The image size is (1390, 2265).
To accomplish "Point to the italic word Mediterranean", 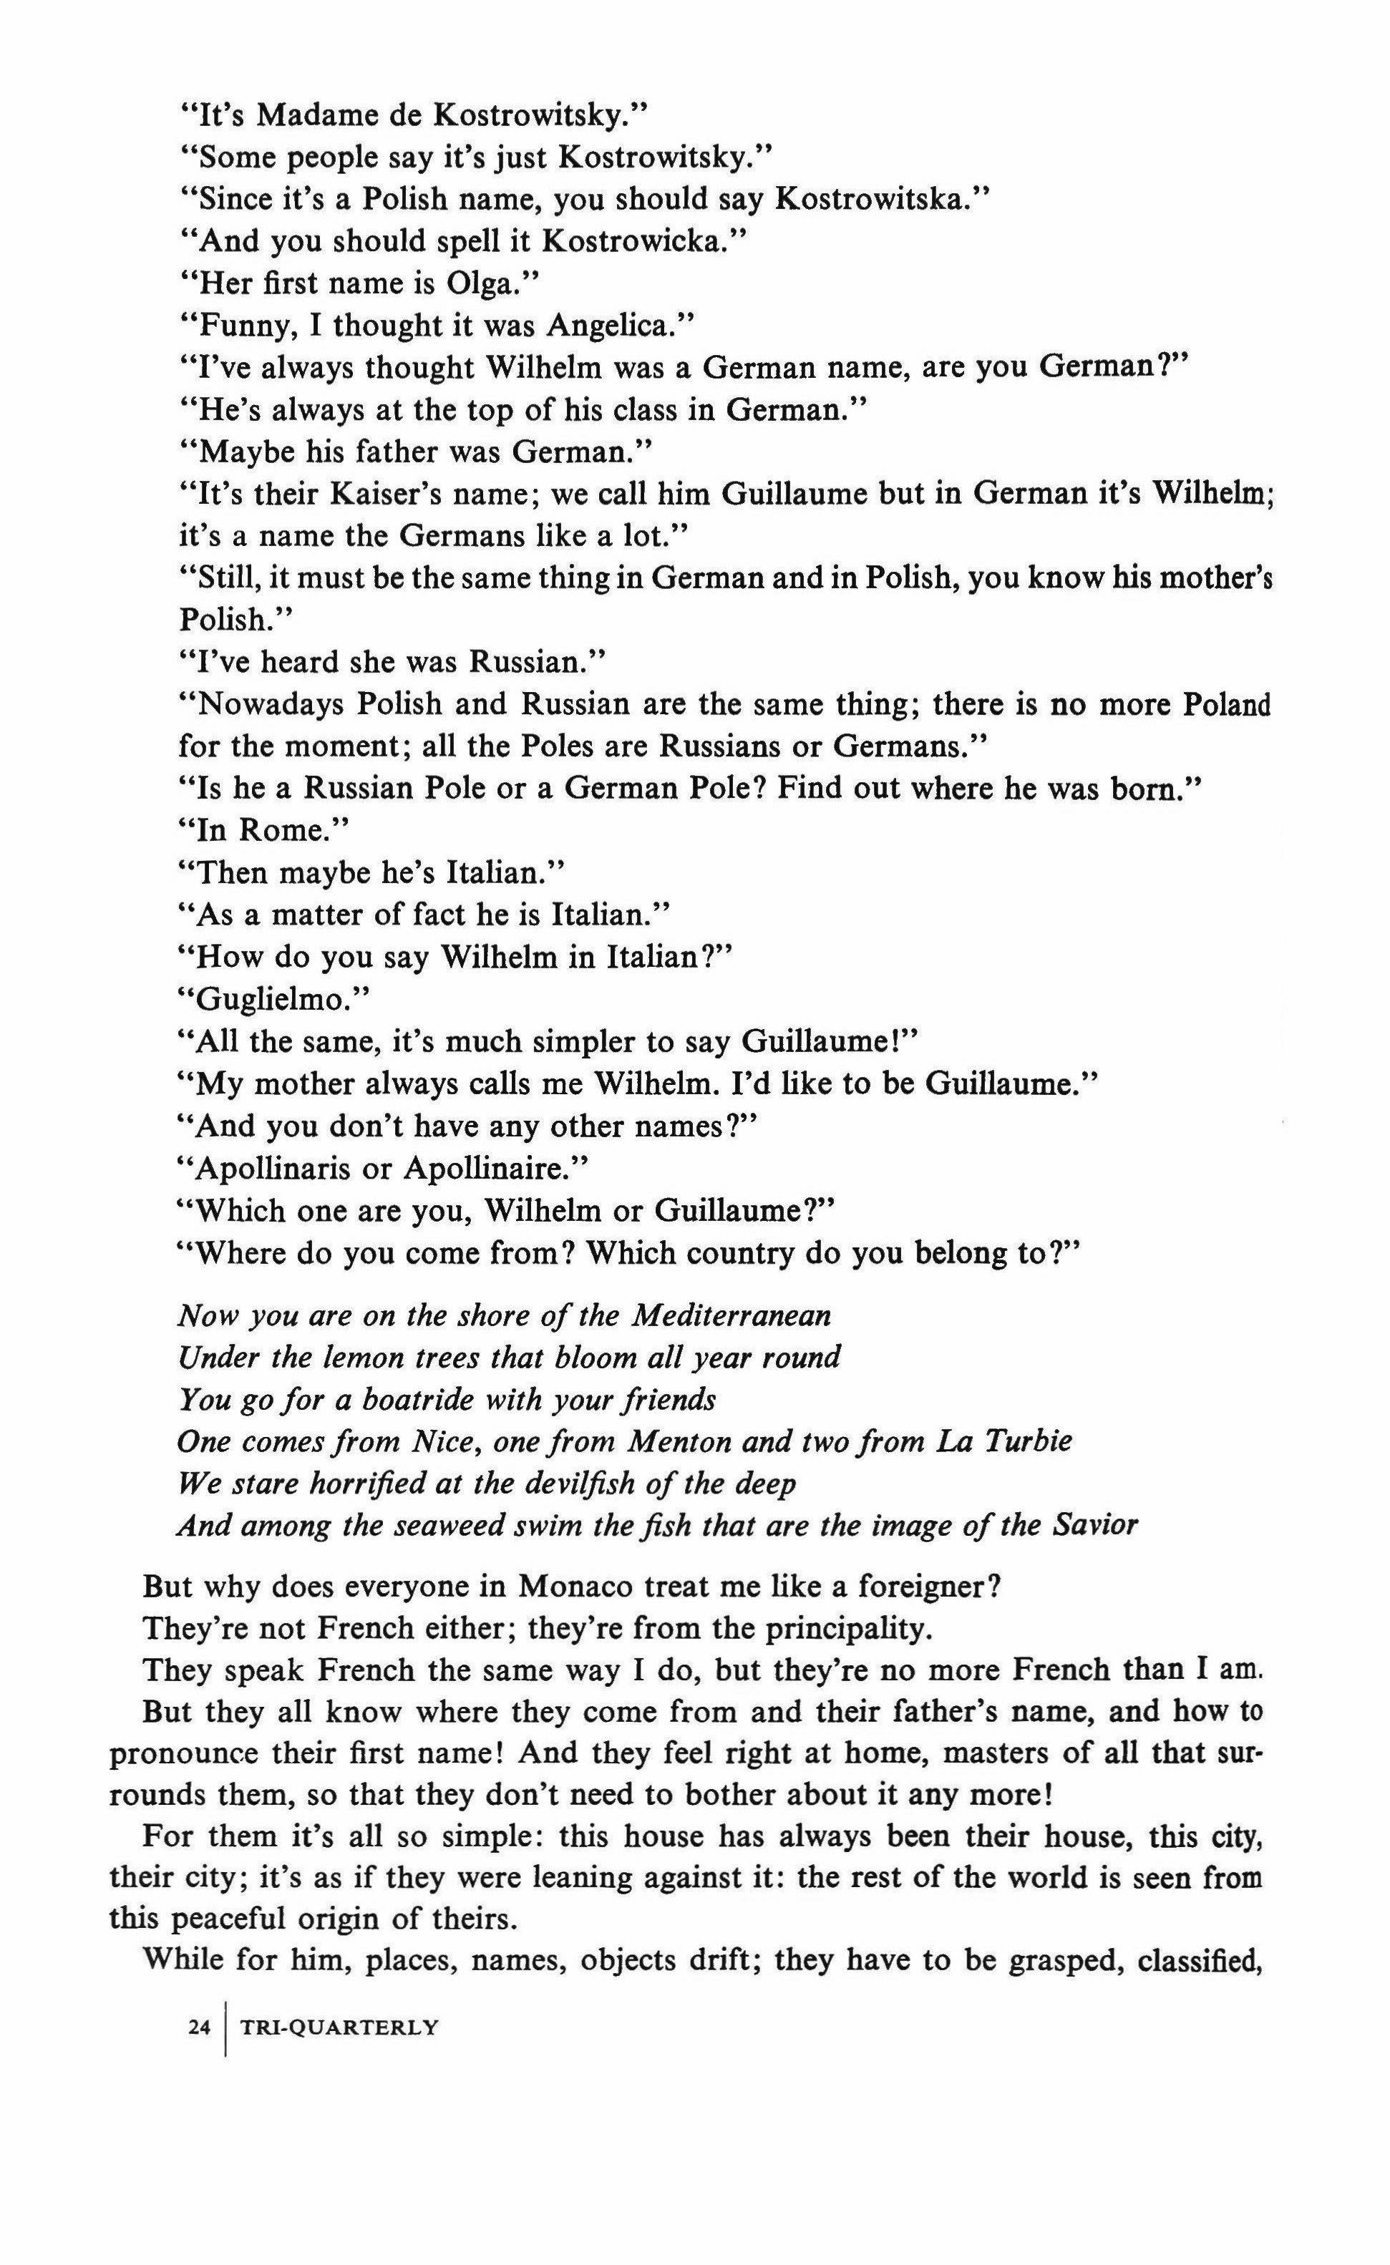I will tap(731, 1315).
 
